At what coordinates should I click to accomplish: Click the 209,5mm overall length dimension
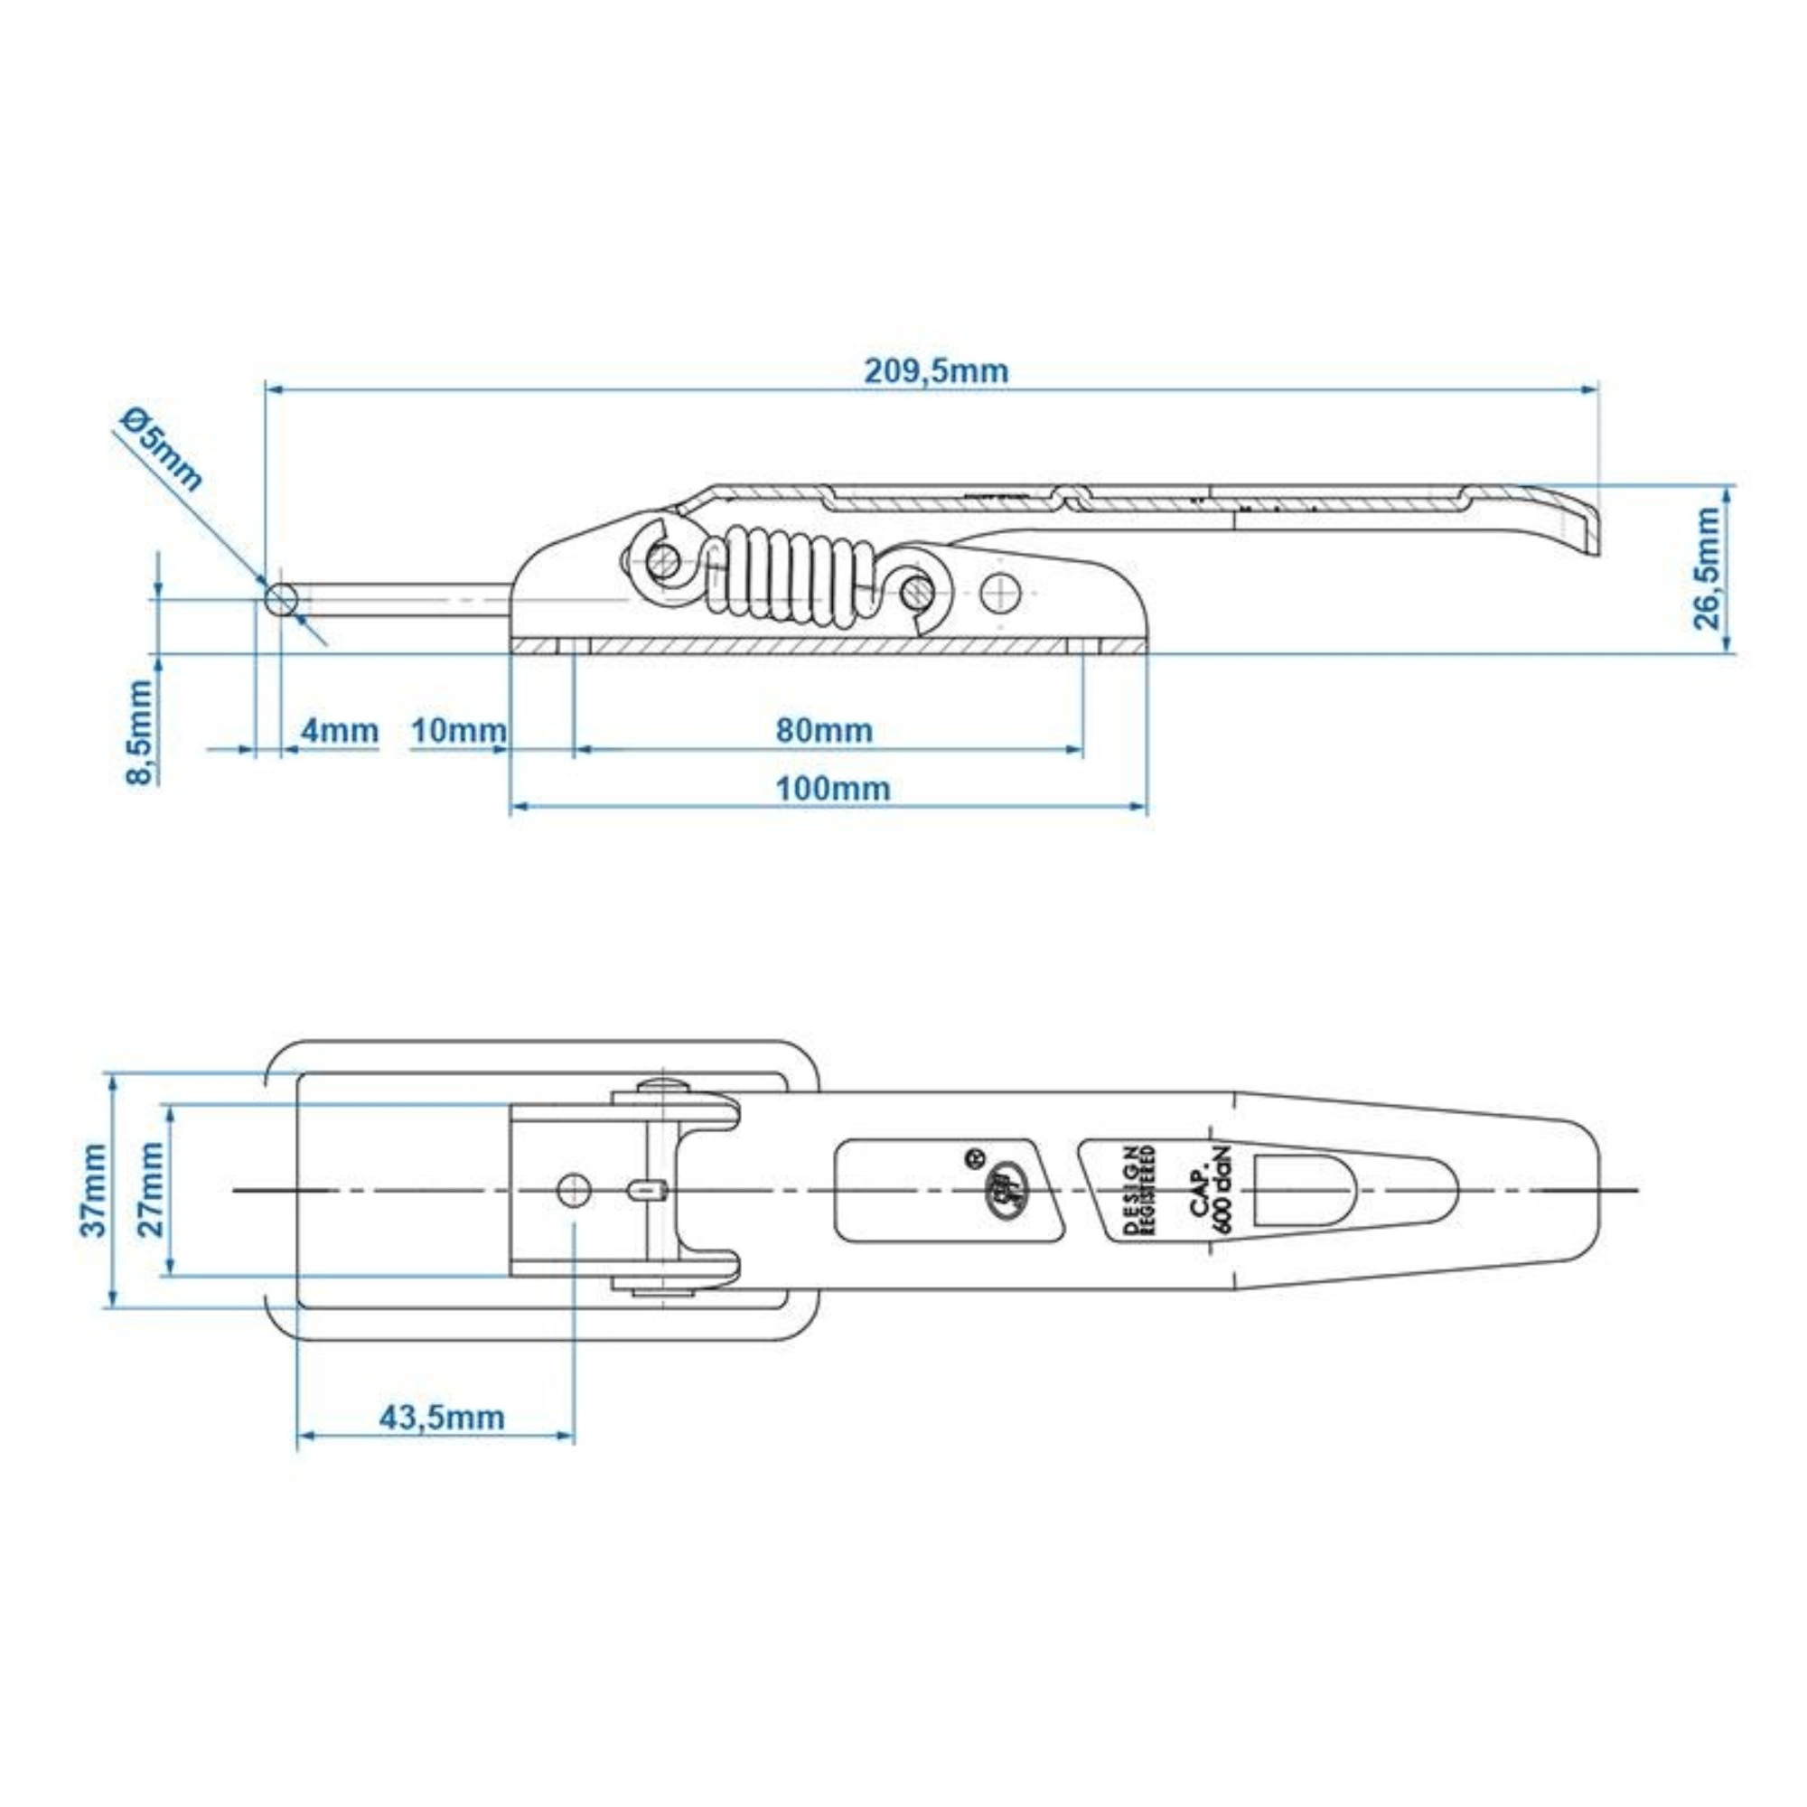point(935,371)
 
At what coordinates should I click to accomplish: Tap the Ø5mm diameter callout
point(162,449)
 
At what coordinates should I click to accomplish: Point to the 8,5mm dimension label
point(140,733)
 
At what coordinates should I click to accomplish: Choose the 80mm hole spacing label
point(824,730)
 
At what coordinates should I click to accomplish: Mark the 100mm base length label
point(832,789)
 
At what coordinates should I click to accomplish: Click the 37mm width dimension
point(94,1189)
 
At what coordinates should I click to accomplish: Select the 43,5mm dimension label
point(442,1417)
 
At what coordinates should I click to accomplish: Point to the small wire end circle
point(282,600)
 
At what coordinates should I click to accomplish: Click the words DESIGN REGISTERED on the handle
point(1141,1190)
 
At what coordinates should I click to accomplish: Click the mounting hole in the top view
point(574,1191)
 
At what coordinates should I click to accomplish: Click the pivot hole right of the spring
point(1002,590)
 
